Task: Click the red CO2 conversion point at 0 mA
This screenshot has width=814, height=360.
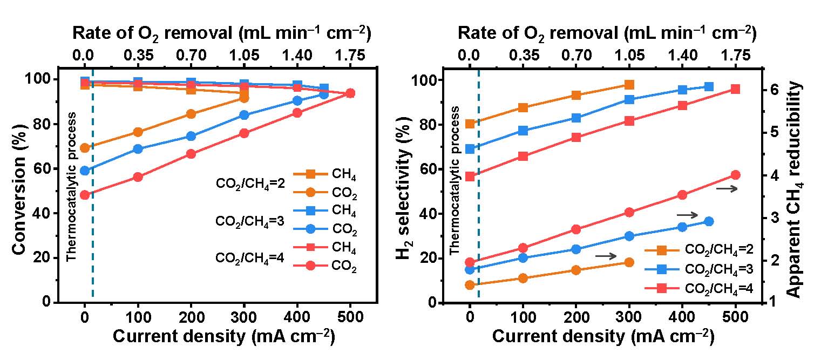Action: (x=85, y=195)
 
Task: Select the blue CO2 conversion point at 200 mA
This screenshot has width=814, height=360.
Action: (x=191, y=136)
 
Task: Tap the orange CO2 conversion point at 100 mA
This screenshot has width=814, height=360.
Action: (x=138, y=132)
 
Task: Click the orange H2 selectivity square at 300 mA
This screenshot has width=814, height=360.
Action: (x=629, y=85)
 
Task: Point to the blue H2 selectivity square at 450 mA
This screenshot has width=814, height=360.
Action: (x=709, y=87)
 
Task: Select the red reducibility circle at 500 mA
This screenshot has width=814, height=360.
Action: (x=735, y=175)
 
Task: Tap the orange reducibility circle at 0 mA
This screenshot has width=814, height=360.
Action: (x=470, y=285)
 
